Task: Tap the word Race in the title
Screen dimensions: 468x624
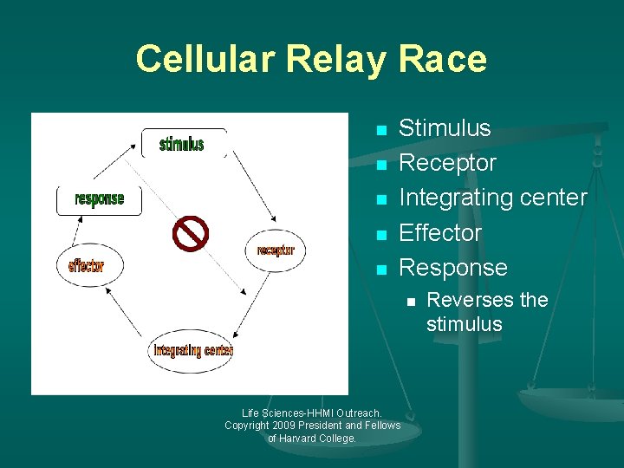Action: coord(442,59)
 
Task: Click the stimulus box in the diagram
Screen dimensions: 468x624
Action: coord(183,143)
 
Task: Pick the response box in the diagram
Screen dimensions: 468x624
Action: coord(99,199)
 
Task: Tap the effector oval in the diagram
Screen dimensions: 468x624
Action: coord(87,265)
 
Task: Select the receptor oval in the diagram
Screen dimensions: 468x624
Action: coord(275,250)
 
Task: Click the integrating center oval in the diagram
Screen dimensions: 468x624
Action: coord(192,350)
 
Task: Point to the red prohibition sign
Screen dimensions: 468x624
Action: coord(191,233)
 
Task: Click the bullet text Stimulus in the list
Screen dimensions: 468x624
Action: coord(444,128)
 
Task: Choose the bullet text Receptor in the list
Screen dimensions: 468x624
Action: coord(447,163)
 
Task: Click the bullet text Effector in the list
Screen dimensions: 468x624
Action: coord(439,232)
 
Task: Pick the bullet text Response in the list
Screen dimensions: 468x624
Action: coord(452,267)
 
